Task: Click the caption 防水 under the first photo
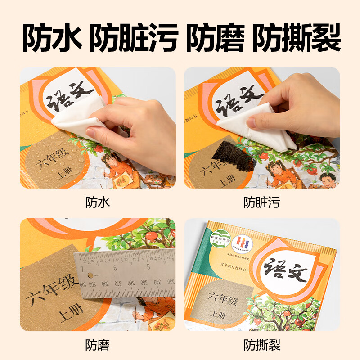point(98,202)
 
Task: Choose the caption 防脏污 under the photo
point(262,202)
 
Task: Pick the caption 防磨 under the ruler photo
point(98,345)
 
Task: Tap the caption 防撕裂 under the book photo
point(262,345)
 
